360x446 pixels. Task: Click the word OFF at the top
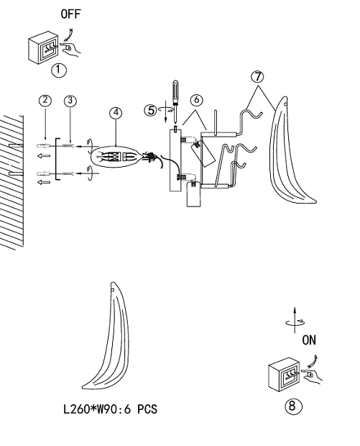pyautogui.click(x=70, y=14)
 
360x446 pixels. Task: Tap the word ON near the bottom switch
pyautogui.click(x=309, y=340)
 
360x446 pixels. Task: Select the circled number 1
pyautogui.click(x=59, y=70)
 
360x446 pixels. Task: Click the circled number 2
pyautogui.click(x=45, y=101)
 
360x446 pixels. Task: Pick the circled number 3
pyautogui.click(x=70, y=101)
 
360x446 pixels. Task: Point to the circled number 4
pyautogui.click(x=116, y=113)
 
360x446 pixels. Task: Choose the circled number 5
pyautogui.click(x=151, y=110)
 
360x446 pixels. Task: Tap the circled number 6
pyautogui.click(x=197, y=100)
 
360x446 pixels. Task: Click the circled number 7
pyautogui.click(x=257, y=77)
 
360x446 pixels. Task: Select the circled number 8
pyautogui.click(x=293, y=406)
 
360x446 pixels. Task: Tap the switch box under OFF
pyautogui.click(x=43, y=47)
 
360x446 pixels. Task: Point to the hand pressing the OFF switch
pyautogui.click(x=70, y=49)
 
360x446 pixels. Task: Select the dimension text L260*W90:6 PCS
pyautogui.click(x=110, y=409)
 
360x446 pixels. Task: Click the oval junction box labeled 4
pyautogui.click(x=115, y=157)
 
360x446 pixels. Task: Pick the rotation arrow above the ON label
pyautogui.click(x=295, y=321)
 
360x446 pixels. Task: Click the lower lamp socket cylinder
pyautogui.click(x=193, y=194)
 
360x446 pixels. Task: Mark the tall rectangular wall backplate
pyautogui.click(x=175, y=160)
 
